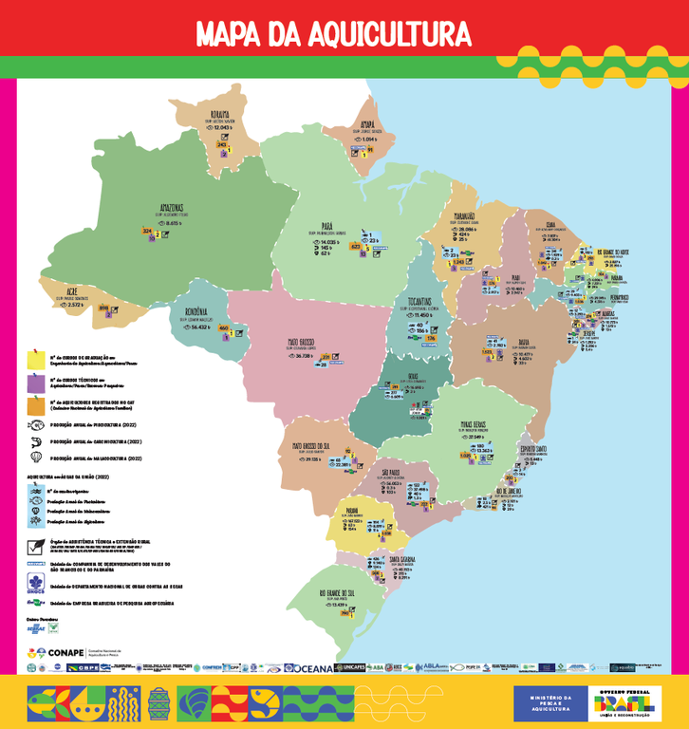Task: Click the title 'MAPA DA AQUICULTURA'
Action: pyautogui.click(x=333, y=33)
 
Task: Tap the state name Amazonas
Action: pyautogui.click(x=164, y=208)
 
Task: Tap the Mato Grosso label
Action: pyautogui.click(x=307, y=343)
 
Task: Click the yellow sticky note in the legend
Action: pyautogui.click(x=36, y=359)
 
